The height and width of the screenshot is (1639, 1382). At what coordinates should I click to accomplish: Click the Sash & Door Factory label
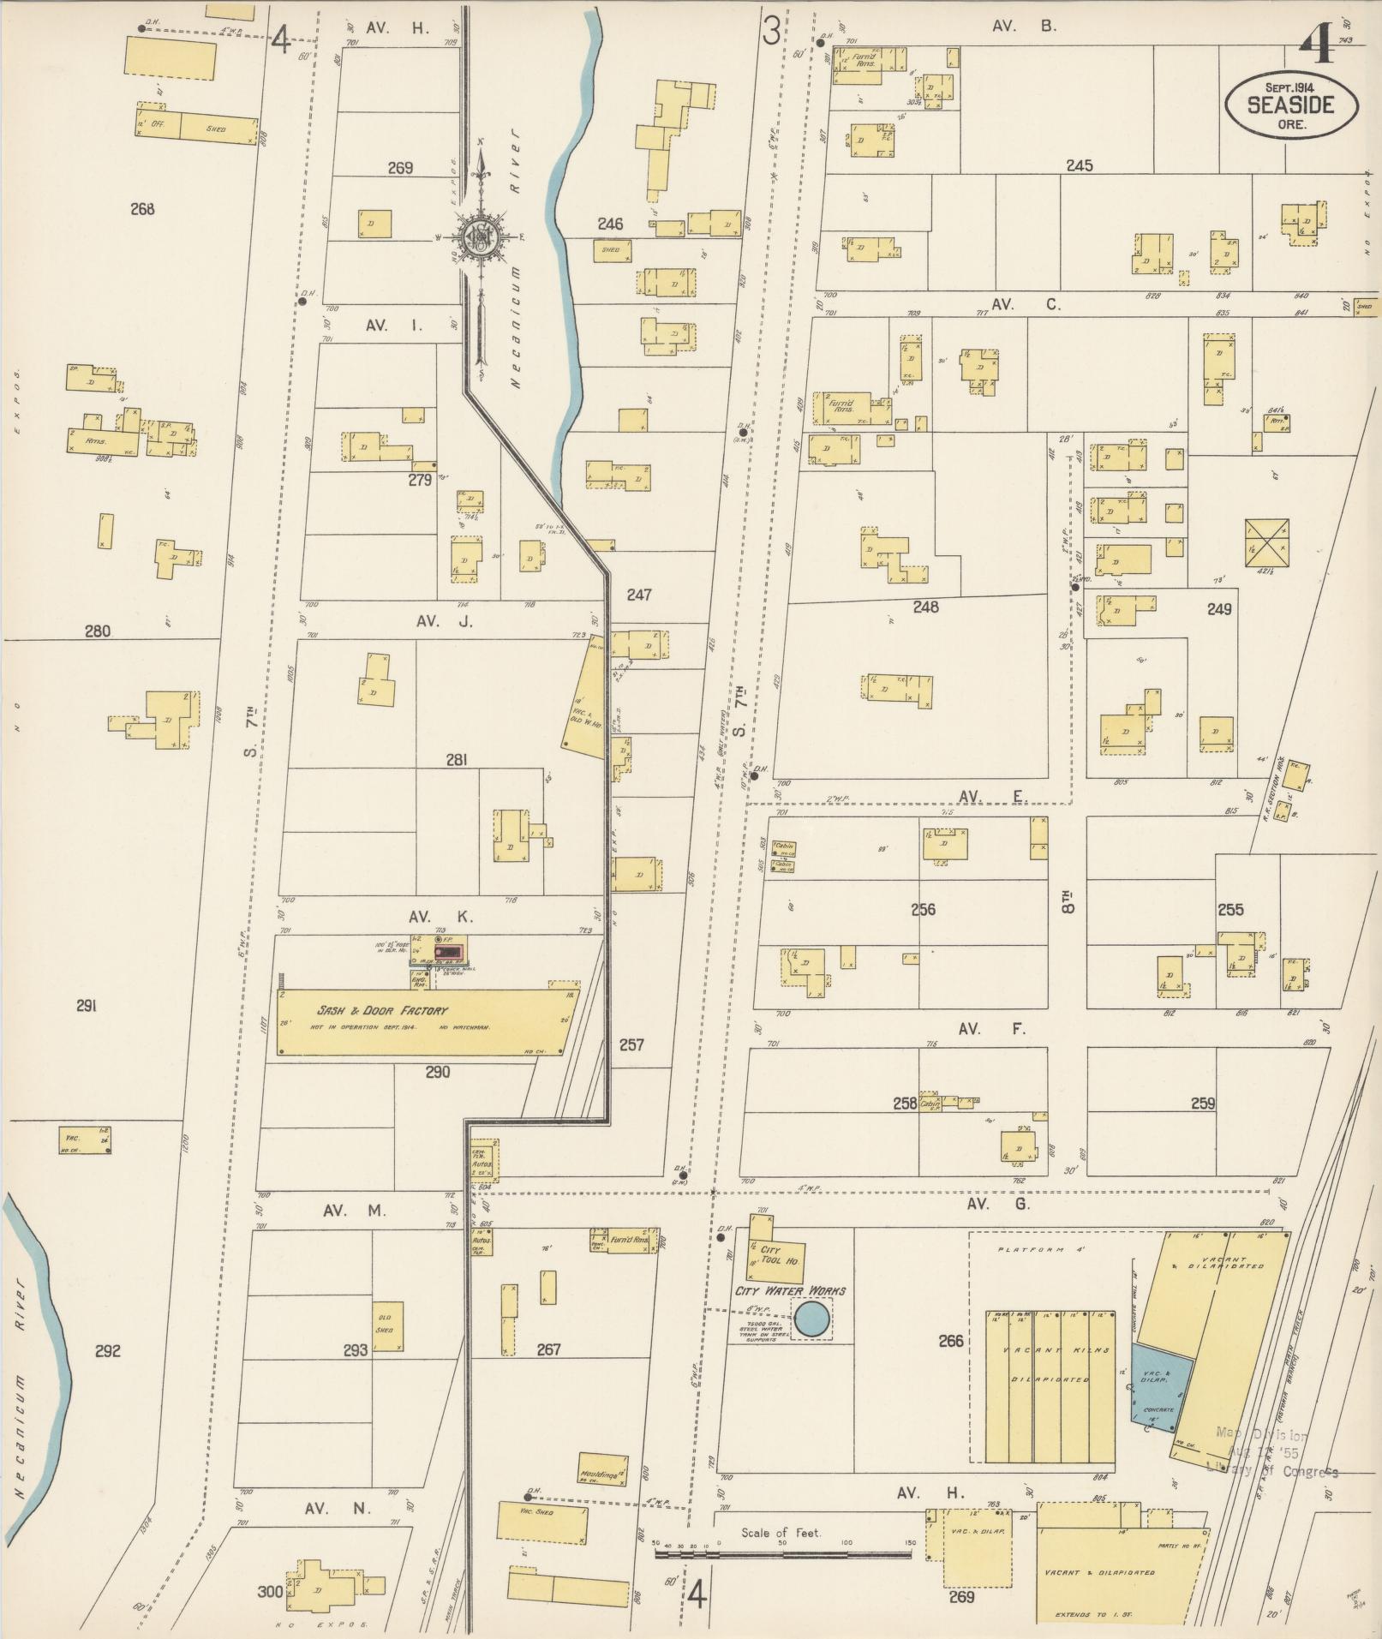[383, 1011]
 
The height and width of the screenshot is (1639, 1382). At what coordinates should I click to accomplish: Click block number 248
[925, 607]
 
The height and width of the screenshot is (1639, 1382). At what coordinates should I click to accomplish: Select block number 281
[456, 759]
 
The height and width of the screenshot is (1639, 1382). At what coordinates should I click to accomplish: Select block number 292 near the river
[107, 1351]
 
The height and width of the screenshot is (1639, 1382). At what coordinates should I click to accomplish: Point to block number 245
[1079, 165]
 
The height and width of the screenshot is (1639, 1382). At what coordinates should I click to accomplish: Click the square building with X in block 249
[1267, 542]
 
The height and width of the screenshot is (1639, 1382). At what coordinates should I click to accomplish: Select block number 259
[1202, 1104]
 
